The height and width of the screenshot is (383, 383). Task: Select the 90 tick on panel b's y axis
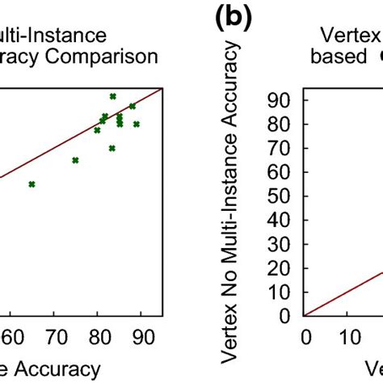[x=283, y=99]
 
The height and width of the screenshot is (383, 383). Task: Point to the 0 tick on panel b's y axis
[x=288, y=315]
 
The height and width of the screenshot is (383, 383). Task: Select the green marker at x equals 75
[x=75, y=160]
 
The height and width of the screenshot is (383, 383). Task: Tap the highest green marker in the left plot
[x=112, y=96]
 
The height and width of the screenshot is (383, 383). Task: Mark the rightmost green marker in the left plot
[x=137, y=124]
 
